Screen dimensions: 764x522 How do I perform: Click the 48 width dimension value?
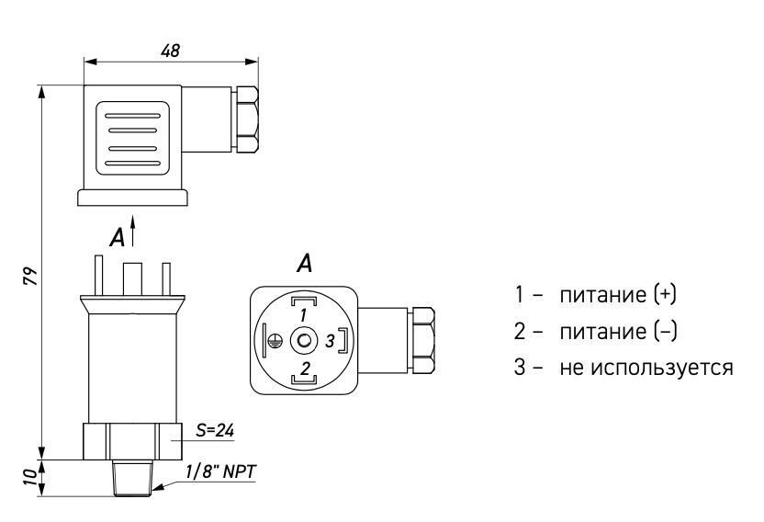pyautogui.click(x=170, y=51)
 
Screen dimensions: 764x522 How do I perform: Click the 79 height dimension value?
pyautogui.click(x=30, y=276)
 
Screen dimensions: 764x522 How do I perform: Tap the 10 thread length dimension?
pyautogui.click(x=30, y=477)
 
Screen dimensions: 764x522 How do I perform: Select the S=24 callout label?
pyautogui.click(x=215, y=430)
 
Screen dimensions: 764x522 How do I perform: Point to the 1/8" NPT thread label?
pyautogui.click(x=220, y=471)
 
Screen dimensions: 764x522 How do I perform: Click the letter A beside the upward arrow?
pyautogui.click(x=117, y=238)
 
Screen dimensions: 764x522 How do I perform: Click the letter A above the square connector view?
pyautogui.click(x=305, y=263)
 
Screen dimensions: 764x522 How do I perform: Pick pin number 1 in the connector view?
pyautogui.click(x=303, y=315)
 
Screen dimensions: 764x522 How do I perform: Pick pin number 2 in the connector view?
pyautogui.click(x=305, y=368)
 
